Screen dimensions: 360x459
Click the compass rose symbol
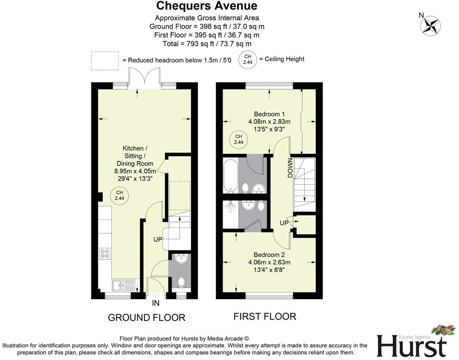(431, 26)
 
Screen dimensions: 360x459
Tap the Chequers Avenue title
(207, 6)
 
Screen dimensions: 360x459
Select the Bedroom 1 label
(269, 114)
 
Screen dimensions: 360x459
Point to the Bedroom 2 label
(269, 255)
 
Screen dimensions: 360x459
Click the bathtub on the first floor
(230, 175)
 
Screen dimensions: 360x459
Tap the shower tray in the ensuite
(230, 214)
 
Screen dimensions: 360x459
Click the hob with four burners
(104, 254)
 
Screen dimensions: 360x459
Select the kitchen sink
(123, 284)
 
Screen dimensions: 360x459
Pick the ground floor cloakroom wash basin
(181, 259)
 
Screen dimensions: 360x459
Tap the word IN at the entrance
(156, 303)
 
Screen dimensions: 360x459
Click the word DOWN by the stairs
(290, 168)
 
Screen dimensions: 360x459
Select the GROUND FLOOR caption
(147, 317)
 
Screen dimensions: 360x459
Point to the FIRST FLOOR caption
(265, 316)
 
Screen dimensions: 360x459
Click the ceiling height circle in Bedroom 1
(239, 139)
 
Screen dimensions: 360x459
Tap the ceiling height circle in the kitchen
(119, 195)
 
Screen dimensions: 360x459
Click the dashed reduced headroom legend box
(105, 61)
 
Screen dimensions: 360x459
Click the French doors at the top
(144, 76)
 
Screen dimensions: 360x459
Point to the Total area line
(207, 44)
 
